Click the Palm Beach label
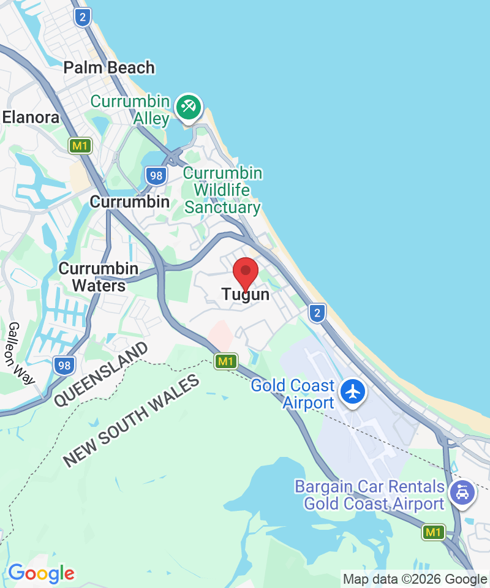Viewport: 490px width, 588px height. (109, 68)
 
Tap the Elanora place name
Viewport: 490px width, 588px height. (31, 118)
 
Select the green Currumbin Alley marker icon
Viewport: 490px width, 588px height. (189, 107)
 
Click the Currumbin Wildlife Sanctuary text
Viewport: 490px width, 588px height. (223, 190)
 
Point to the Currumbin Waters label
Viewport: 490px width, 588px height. (99, 277)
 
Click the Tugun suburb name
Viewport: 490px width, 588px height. (246, 295)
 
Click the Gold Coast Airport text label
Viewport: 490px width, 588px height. (293, 394)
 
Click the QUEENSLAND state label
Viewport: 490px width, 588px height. (100, 374)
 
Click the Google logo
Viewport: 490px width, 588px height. (41, 574)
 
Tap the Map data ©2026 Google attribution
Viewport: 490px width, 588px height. (415, 579)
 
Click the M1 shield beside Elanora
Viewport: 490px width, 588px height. (80, 146)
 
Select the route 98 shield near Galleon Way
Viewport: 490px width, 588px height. (64, 366)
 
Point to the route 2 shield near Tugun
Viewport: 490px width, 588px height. (316, 313)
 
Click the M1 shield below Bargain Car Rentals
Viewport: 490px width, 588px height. (433, 532)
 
